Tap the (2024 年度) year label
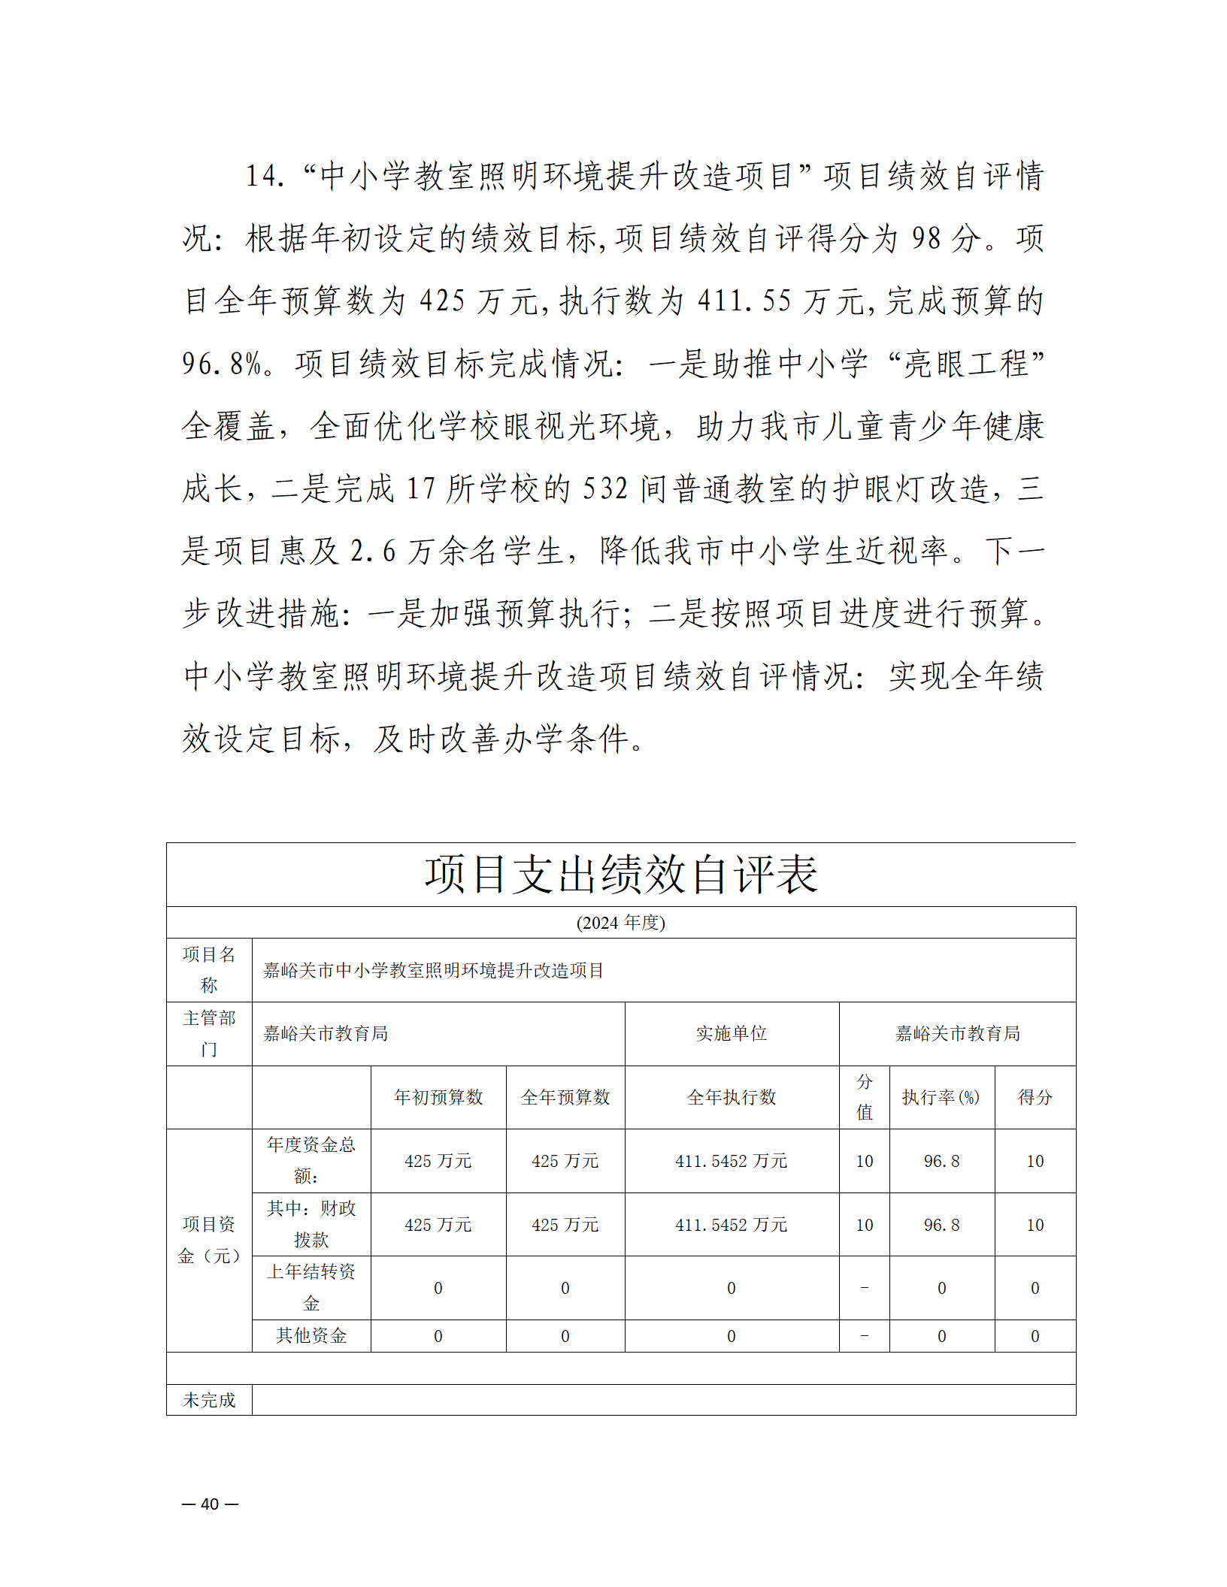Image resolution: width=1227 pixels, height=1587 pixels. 621,922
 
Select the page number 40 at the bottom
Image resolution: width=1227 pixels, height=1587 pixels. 210,1504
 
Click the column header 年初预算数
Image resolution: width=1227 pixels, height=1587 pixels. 438,1097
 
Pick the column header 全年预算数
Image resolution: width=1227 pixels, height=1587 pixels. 565,1097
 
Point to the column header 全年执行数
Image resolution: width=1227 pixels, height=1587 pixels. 732,1097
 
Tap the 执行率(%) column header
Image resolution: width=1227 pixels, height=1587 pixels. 941,1097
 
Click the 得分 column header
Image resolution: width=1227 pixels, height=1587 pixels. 1035,1097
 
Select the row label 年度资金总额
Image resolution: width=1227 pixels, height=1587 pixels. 311,1159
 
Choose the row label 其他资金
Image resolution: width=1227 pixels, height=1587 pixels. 311,1335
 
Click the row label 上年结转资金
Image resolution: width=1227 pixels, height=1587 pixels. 311,1287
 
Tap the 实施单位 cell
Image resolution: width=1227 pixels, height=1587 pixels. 732,1033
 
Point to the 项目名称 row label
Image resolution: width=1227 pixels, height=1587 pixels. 209,969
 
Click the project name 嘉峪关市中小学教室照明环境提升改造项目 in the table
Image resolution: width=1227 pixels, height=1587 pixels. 433,970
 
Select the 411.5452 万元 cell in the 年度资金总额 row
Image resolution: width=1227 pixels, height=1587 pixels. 732,1161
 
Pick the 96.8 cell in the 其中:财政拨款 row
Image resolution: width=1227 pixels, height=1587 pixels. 941,1225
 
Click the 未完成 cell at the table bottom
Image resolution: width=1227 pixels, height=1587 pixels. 209,1400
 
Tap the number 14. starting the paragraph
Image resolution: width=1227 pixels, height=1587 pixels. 265,177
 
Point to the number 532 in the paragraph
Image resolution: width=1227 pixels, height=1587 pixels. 605,489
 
